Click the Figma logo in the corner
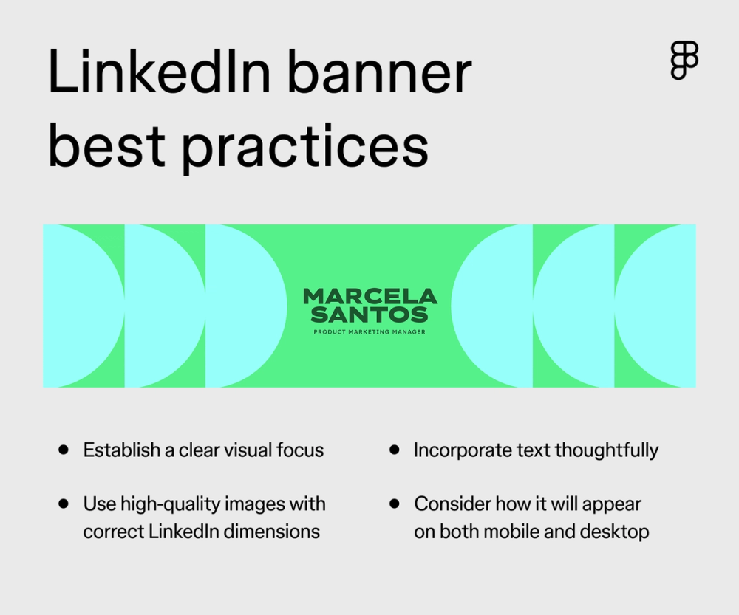(x=684, y=61)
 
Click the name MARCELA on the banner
(x=369, y=297)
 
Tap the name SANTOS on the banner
(x=369, y=315)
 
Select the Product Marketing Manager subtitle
(x=369, y=332)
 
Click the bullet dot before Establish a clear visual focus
(x=64, y=449)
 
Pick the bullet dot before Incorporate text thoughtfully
(x=395, y=449)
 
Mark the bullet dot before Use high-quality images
(x=64, y=504)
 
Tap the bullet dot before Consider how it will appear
(x=395, y=504)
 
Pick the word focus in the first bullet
(x=301, y=450)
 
